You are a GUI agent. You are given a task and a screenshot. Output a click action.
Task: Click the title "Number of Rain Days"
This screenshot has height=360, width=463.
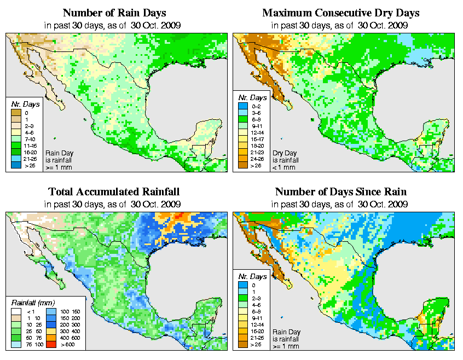coord(114,13)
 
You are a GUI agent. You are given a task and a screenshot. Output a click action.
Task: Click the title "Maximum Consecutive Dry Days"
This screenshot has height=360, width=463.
coord(341,13)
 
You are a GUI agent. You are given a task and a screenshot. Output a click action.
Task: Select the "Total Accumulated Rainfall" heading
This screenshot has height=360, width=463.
coord(114,192)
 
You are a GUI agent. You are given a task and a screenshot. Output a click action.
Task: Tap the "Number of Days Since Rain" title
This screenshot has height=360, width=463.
coord(341,192)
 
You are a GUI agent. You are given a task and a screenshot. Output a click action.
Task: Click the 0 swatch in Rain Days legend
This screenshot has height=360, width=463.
coord(15,112)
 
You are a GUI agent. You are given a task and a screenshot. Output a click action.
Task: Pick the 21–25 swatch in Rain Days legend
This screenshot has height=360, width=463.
coord(15,159)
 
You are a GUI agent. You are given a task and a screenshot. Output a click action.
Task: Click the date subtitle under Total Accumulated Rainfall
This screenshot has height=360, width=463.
coord(114,204)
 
